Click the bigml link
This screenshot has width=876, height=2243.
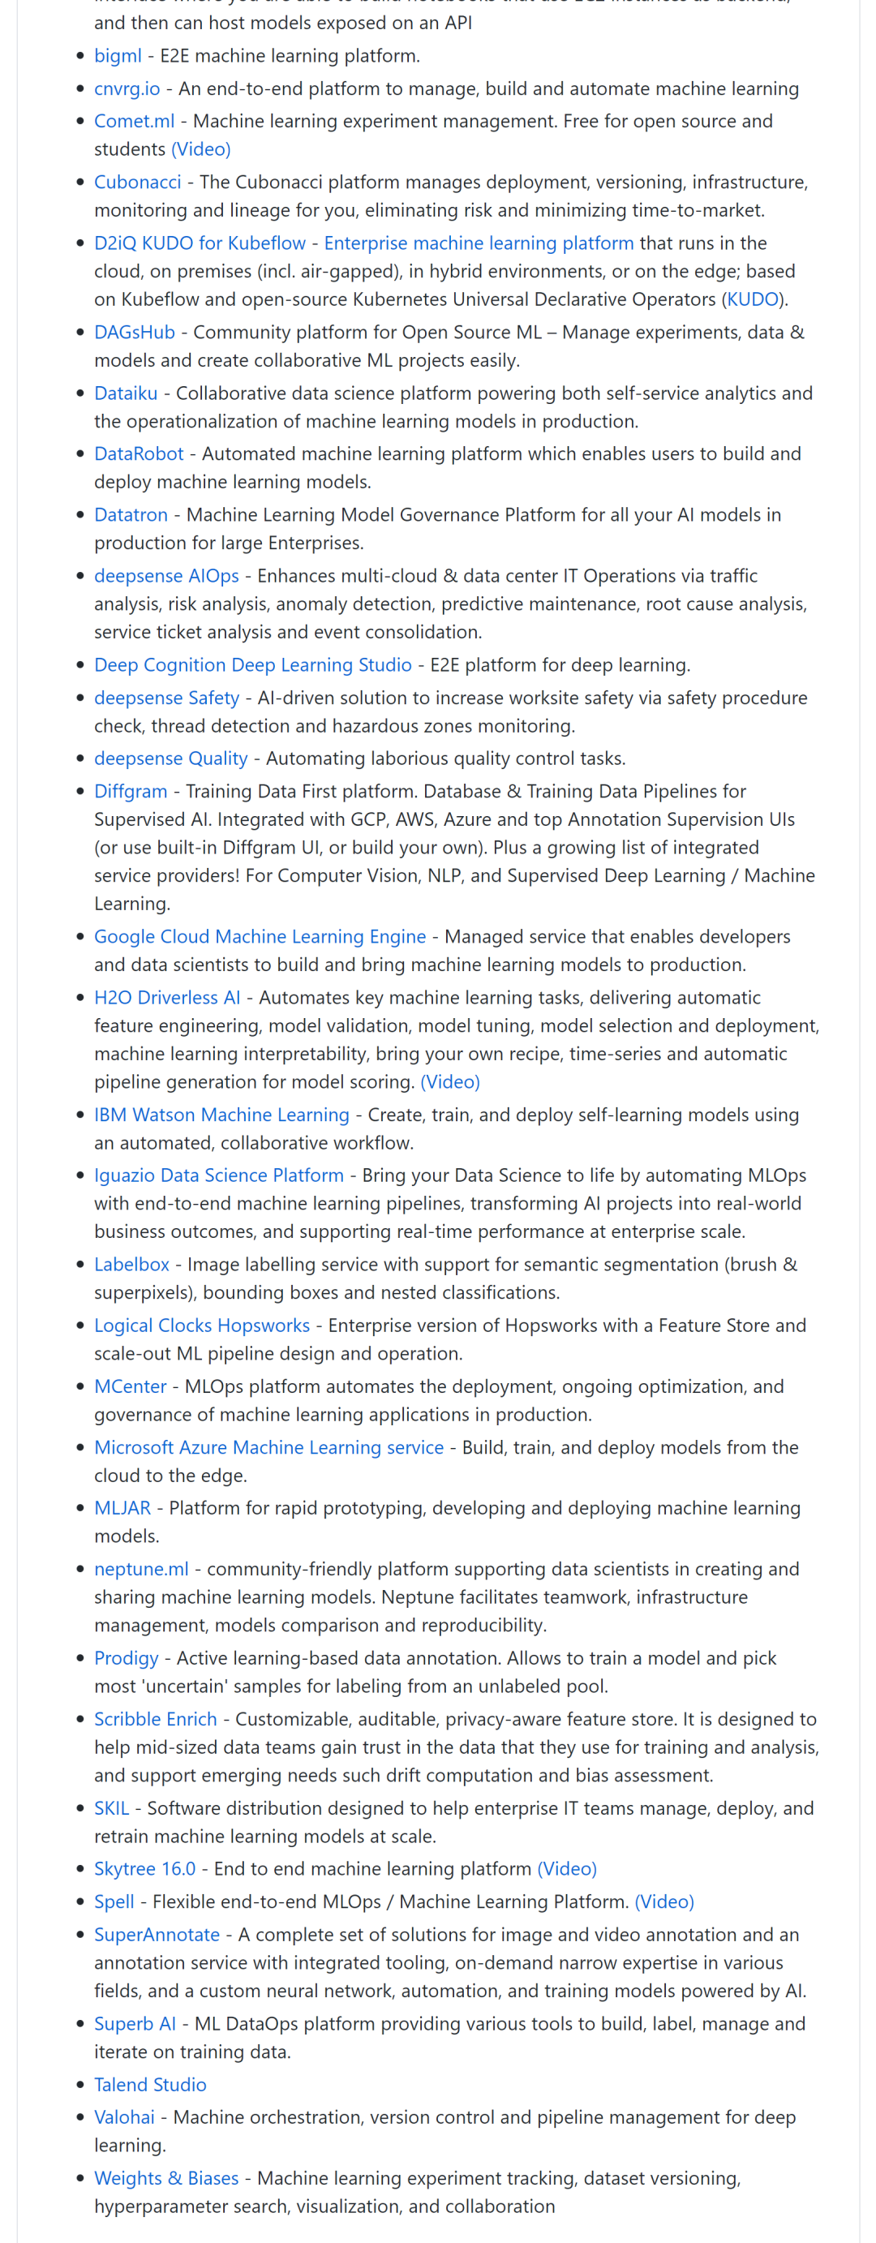click(118, 56)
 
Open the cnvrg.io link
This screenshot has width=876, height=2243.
click(127, 88)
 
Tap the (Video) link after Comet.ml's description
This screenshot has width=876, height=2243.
click(201, 149)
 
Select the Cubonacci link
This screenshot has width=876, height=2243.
click(138, 182)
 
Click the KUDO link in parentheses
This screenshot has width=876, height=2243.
click(753, 299)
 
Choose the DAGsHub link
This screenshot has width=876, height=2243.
click(134, 332)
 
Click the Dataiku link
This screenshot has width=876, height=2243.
click(126, 393)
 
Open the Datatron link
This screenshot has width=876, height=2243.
click(131, 514)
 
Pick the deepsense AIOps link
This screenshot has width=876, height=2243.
click(166, 575)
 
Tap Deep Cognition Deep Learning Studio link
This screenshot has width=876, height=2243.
click(252, 664)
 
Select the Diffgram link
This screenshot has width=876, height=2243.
click(131, 791)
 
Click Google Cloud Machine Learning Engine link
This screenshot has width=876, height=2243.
click(260, 936)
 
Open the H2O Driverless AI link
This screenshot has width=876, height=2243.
click(167, 997)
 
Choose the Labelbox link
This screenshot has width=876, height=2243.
click(131, 1265)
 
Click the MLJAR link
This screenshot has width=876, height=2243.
click(122, 1508)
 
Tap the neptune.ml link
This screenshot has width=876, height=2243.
click(141, 1569)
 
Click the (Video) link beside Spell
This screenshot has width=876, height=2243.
click(664, 1901)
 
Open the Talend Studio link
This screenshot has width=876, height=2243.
click(150, 2085)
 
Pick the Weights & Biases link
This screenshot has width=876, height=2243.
click(166, 2179)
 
